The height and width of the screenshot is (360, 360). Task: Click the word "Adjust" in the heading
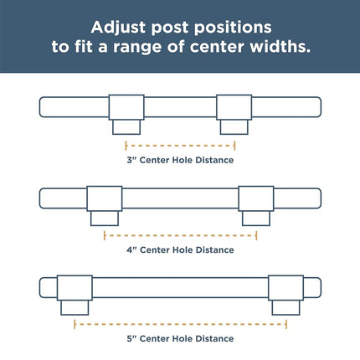coord(118,28)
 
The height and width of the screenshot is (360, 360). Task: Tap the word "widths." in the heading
coord(280,46)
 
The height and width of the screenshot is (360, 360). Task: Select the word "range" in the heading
coord(137,47)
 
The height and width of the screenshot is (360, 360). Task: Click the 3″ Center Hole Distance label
coord(180,160)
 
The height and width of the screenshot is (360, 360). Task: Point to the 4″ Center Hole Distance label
coord(180,249)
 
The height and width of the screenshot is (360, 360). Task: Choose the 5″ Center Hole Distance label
coord(180,338)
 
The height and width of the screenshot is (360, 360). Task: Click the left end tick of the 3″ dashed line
coord(126,146)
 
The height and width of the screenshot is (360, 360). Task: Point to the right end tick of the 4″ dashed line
coord(256,235)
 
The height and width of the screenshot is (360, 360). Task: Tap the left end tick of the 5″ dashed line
coord(75,324)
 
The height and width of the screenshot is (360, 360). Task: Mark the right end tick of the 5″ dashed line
coord(286,324)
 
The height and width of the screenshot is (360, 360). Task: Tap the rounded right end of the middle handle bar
coord(321,198)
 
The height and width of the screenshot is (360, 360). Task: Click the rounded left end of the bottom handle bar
coord(39,288)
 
